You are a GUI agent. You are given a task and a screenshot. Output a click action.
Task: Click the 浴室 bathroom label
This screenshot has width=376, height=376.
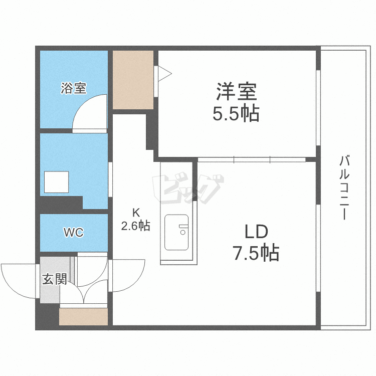point(73,88)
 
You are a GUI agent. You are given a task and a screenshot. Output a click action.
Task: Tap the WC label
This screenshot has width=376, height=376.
point(74,232)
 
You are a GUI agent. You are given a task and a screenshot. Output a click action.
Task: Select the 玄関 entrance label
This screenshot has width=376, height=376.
point(55,279)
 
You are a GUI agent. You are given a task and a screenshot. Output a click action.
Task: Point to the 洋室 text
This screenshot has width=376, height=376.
point(237,91)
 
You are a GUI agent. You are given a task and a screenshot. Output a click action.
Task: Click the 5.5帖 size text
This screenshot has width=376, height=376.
point(236,113)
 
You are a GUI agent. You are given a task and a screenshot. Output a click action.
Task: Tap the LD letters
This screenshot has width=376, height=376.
point(256,232)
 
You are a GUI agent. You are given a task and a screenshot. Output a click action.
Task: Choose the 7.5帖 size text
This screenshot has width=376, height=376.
point(256,252)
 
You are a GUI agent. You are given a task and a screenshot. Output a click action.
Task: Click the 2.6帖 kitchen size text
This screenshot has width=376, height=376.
point(136,226)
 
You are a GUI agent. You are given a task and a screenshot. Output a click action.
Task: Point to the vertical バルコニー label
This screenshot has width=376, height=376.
point(344,187)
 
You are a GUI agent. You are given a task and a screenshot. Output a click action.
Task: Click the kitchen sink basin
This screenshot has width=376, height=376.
point(176,232)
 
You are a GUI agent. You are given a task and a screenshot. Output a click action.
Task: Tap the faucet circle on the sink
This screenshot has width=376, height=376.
point(182,232)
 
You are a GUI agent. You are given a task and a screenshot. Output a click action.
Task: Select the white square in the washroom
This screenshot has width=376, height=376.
point(56,182)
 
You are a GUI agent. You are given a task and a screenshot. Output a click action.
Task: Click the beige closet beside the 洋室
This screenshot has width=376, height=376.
point(133,80)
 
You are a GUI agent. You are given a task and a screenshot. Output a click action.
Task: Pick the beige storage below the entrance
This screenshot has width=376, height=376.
point(83,317)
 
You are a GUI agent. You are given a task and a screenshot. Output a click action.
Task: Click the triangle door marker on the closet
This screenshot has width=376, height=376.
point(165,74)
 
